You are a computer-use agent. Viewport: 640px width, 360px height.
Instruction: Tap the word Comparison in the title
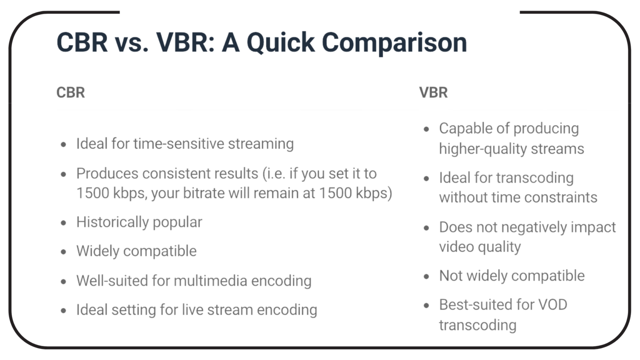click(394, 43)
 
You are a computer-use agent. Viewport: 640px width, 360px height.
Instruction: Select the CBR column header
click(70, 92)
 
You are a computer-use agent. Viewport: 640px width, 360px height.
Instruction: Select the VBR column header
click(433, 92)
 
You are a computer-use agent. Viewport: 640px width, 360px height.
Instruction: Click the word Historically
click(112, 222)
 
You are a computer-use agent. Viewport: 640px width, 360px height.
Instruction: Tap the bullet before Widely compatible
click(63, 252)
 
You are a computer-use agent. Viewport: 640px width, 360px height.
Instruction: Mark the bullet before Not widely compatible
click(426, 277)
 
